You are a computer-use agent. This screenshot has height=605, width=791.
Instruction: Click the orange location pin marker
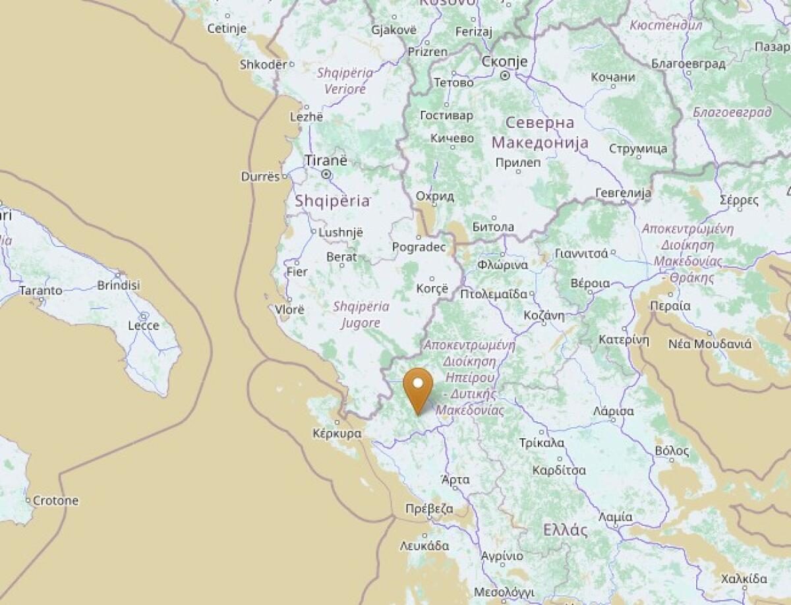pyautogui.click(x=418, y=389)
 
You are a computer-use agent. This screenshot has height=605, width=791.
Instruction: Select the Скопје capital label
pyautogui.click(x=505, y=61)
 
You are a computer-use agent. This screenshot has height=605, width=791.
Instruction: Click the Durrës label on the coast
pyautogui.click(x=260, y=177)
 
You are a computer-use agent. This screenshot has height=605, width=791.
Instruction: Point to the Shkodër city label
pyautogui.click(x=264, y=65)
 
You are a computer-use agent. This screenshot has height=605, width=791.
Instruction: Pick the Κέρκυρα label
pyautogui.click(x=337, y=434)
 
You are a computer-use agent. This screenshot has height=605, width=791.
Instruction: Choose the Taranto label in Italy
pyautogui.click(x=41, y=290)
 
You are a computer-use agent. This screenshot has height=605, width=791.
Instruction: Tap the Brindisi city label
pyautogui.click(x=119, y=285)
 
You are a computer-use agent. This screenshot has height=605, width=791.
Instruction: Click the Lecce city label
pyautogui.click(x=143, y=326)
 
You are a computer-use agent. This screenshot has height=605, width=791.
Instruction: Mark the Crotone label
pyautogui.click(x=55, y=500)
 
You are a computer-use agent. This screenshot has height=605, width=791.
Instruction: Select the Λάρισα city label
pyautogui.click(x=613, y=411)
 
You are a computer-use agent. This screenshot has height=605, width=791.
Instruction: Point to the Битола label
pyautogui.click(x=493, y=227)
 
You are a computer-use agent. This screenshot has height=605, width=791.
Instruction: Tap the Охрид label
pyautogui.click(x=435, y=196)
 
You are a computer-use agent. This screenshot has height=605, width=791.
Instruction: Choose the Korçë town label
pyautogui.click(x=432, y=289)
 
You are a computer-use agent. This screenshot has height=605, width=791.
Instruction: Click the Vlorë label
pyautogui.click(x=289, y=309)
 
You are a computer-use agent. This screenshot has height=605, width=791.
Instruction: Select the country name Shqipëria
pyautogui.click(x=332, y=202)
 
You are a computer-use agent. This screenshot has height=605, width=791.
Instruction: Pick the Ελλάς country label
pyautogui.click(x=565, y=530)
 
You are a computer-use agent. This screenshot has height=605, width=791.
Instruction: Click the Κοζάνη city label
pyautogui.click(x=544, y=315)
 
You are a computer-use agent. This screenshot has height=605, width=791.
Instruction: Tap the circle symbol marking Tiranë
pyautogui.click(x=326, y=175)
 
